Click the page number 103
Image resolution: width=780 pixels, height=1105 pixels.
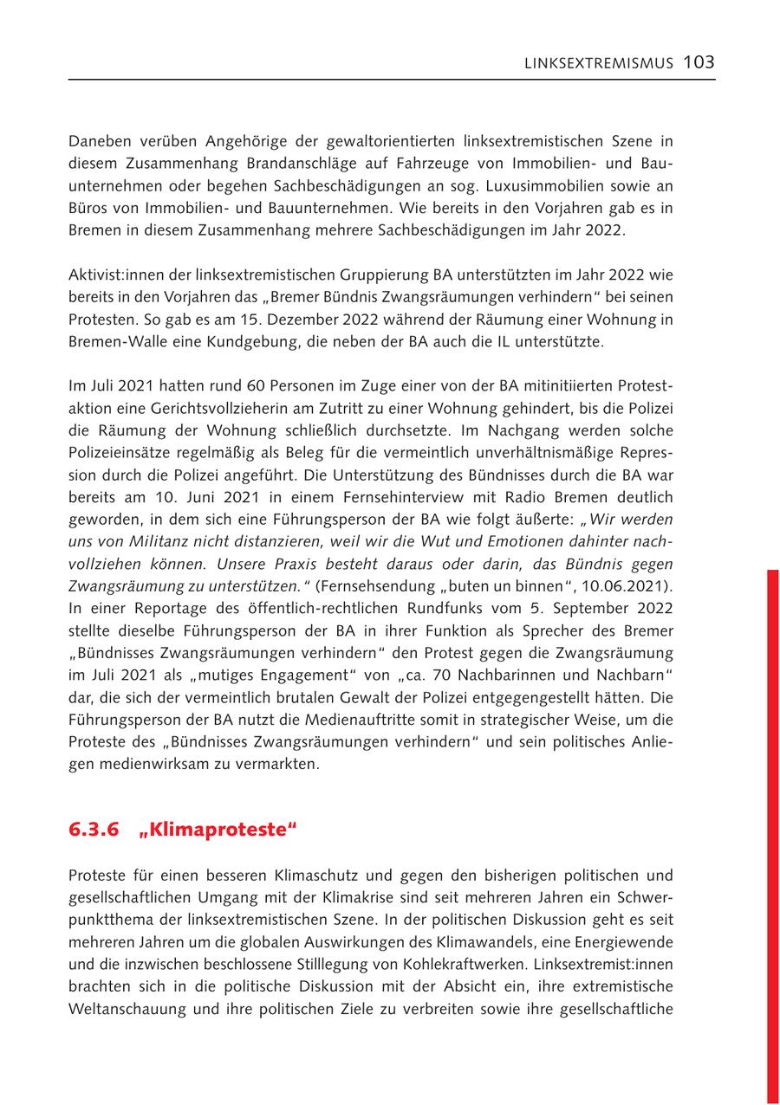(x=699, y=62)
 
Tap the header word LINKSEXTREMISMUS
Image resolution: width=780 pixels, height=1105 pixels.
(x=599, y=63)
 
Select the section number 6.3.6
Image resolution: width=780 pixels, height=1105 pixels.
(x=93, y=829)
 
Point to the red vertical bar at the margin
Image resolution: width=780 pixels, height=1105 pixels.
(x=773, y=831)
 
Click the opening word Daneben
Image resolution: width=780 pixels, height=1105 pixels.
(x=100, y=141)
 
